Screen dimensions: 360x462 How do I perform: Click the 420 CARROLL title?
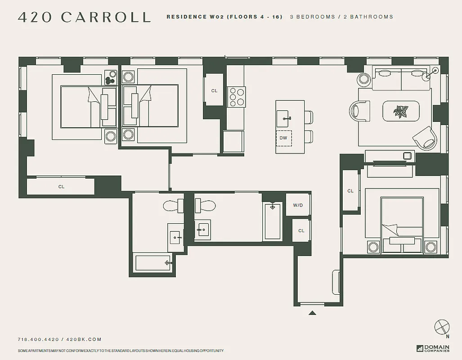[84, 17]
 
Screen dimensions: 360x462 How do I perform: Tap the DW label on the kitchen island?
[283, 138]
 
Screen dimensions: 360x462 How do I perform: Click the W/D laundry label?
[298, 205]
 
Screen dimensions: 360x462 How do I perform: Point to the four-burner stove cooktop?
[236, 96]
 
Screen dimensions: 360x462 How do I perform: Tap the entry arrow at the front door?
[312, 313]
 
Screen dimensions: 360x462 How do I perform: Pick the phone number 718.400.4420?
[38, 339]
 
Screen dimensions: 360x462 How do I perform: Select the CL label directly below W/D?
[301, 231]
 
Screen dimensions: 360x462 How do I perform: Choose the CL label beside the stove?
[215, 91]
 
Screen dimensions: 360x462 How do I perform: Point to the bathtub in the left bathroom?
[153, 263]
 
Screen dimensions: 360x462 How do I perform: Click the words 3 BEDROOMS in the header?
[312, 17]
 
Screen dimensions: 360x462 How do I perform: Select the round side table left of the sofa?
[363, 79]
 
